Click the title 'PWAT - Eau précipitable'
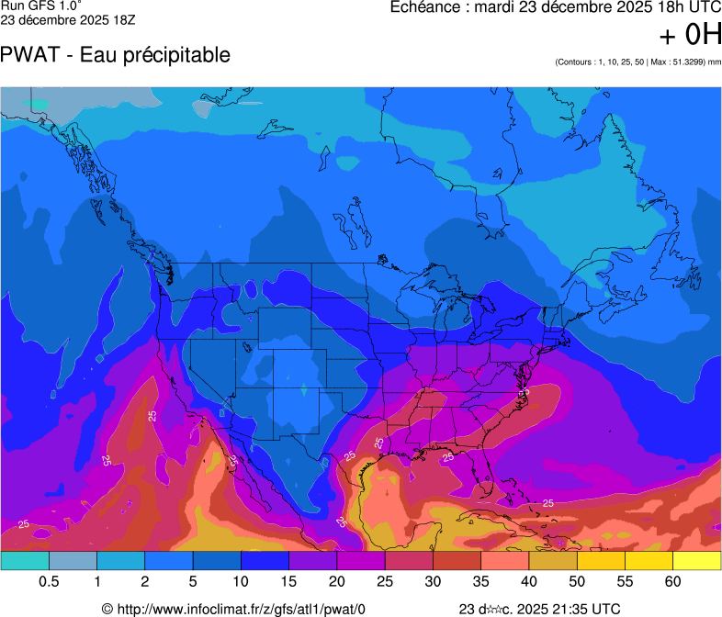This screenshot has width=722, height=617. [115, 55]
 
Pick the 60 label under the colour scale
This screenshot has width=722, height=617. [672, 582]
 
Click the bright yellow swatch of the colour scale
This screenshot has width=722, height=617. [696, 560]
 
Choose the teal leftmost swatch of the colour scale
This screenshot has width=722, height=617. [25, 560]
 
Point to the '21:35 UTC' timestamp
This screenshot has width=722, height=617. [589, 608]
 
